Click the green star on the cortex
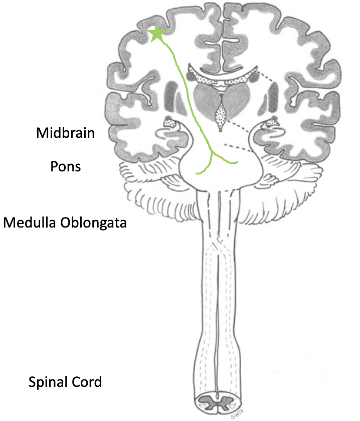click(157, 34)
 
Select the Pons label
click(66, 165)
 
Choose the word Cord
click(87, 382)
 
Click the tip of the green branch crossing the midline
click(237, 162)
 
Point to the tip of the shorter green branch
click(197, 173)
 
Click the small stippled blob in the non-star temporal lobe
click(273, 121)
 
